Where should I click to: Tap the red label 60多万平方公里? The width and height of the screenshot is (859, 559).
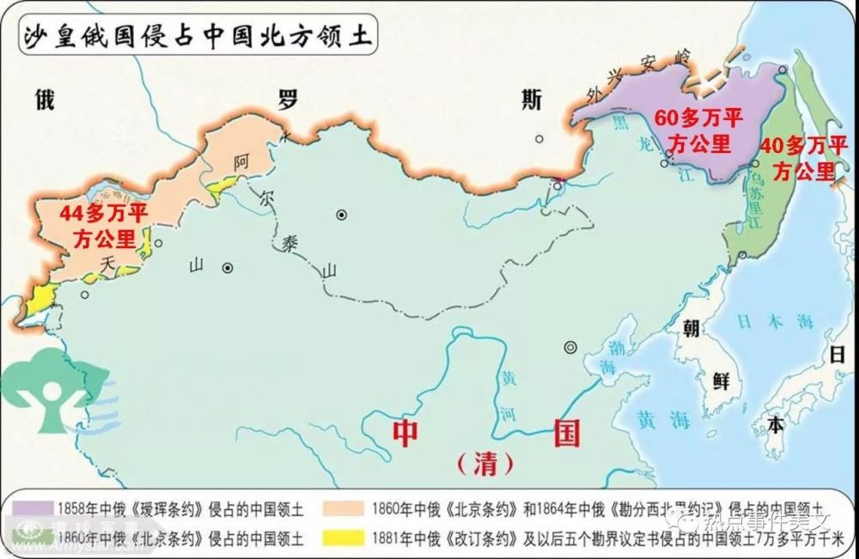click(698, 131)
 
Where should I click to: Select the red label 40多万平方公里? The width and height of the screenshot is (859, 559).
click(801, 157)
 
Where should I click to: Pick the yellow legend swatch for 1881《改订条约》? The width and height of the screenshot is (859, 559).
click(345, 540)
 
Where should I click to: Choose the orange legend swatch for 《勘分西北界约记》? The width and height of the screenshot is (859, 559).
click(345, 505)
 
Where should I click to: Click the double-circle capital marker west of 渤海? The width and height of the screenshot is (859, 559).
click(569, 347)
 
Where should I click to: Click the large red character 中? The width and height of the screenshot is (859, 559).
click(405, 432)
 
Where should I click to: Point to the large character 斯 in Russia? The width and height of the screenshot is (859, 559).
click(533, 100)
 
